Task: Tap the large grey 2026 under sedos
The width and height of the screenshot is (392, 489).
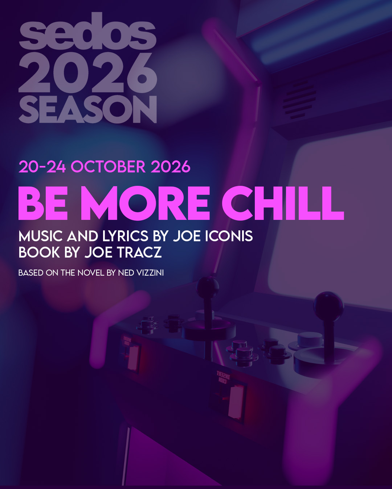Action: point(87,73)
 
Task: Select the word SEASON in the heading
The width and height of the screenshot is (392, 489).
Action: point(87,109)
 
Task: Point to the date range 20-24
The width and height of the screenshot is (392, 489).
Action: point(42,167)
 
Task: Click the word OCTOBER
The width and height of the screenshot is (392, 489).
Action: point(108,167)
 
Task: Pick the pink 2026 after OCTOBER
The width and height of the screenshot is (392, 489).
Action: point(170,167)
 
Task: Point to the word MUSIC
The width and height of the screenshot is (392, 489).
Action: point(41,236)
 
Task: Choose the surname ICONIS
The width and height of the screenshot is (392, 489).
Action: point(229,236)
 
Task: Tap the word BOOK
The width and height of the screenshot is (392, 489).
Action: point(39,252)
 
